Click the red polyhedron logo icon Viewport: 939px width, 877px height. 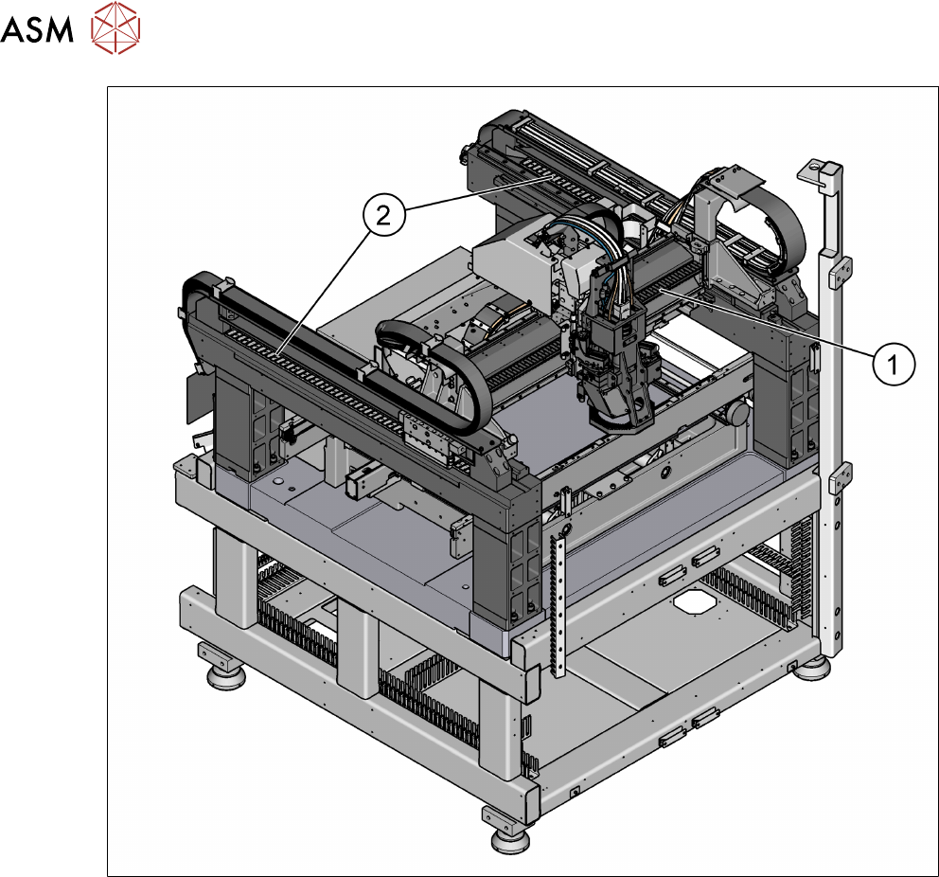(115, 27)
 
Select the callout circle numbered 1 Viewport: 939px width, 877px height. (894, 364)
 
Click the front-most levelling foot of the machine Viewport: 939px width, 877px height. (510, 838)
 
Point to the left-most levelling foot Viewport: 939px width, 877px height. (226, 675)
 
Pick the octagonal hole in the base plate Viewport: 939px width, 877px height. (694, 600)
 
